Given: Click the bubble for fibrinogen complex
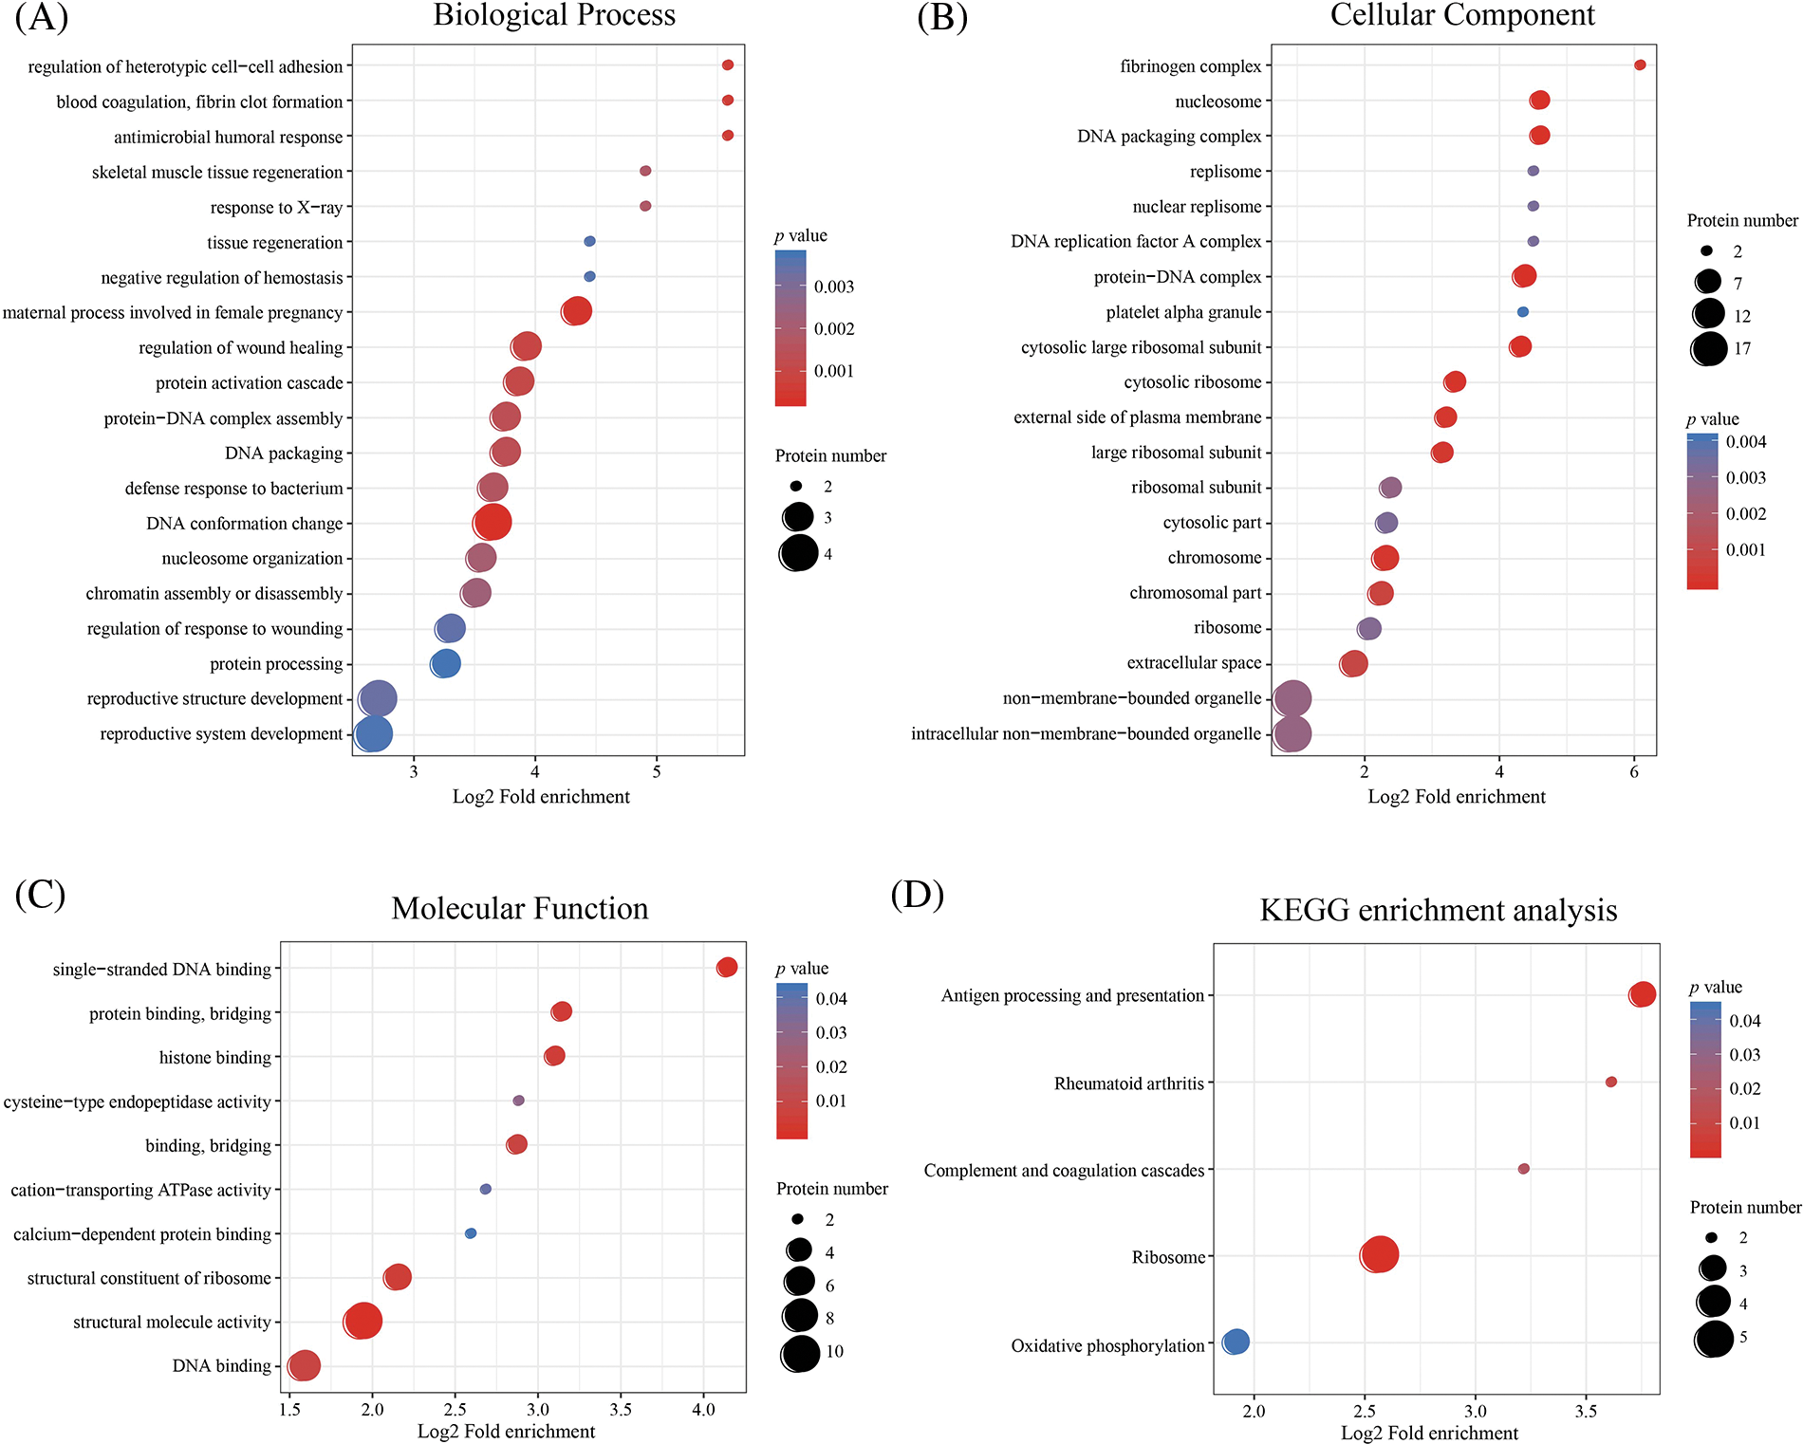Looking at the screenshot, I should pos(1640,65).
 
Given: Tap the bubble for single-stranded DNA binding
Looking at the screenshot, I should pos(727,967).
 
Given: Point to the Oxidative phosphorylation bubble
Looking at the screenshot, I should pos(1236,1342).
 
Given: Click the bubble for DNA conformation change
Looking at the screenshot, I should pos(493,522).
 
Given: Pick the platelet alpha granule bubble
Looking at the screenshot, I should pos(1523,311).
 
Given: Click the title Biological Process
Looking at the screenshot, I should pos(554,15).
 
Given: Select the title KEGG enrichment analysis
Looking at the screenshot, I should pos(1438,910).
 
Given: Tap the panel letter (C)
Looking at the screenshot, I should pos(40,894).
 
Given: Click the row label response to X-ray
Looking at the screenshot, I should pos(276,208).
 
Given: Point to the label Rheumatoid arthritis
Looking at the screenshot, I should pos(1128,1083).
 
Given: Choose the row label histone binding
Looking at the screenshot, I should pos(214,1058).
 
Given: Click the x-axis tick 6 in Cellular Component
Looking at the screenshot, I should pos(1634,772).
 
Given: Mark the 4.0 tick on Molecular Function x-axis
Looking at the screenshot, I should pos(703,1410).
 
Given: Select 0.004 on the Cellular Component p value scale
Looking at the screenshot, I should pos(1745,442).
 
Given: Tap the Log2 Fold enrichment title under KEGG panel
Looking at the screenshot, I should pos(1429,1433).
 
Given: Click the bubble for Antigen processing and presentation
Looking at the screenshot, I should pos(1643,994).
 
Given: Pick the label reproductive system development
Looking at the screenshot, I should pos(221,734).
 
